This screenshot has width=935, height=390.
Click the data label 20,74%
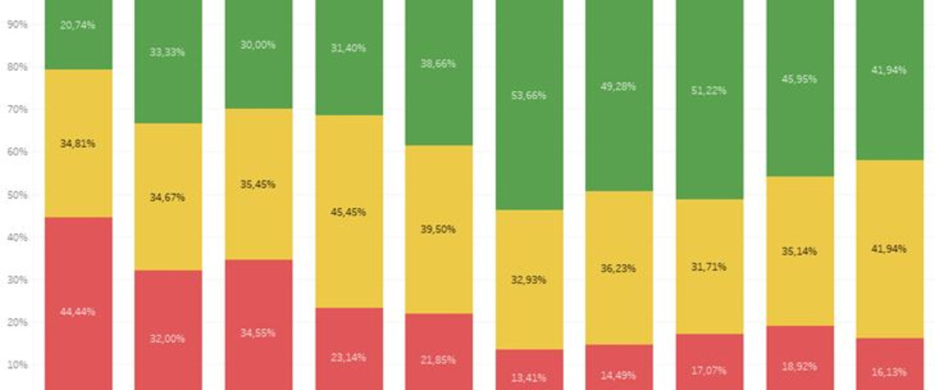coord(79,25)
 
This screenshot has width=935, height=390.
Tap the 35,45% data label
coord(259,184)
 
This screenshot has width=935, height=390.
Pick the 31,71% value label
coord(710,266)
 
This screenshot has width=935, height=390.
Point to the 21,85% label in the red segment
coord(439,360)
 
